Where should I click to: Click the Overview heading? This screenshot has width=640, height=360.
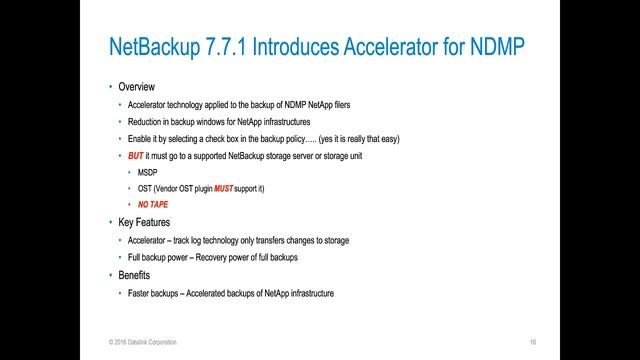pos(137,87)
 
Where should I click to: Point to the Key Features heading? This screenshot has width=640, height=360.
pos(146,223)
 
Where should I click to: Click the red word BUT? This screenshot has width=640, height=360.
pos(137,156)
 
